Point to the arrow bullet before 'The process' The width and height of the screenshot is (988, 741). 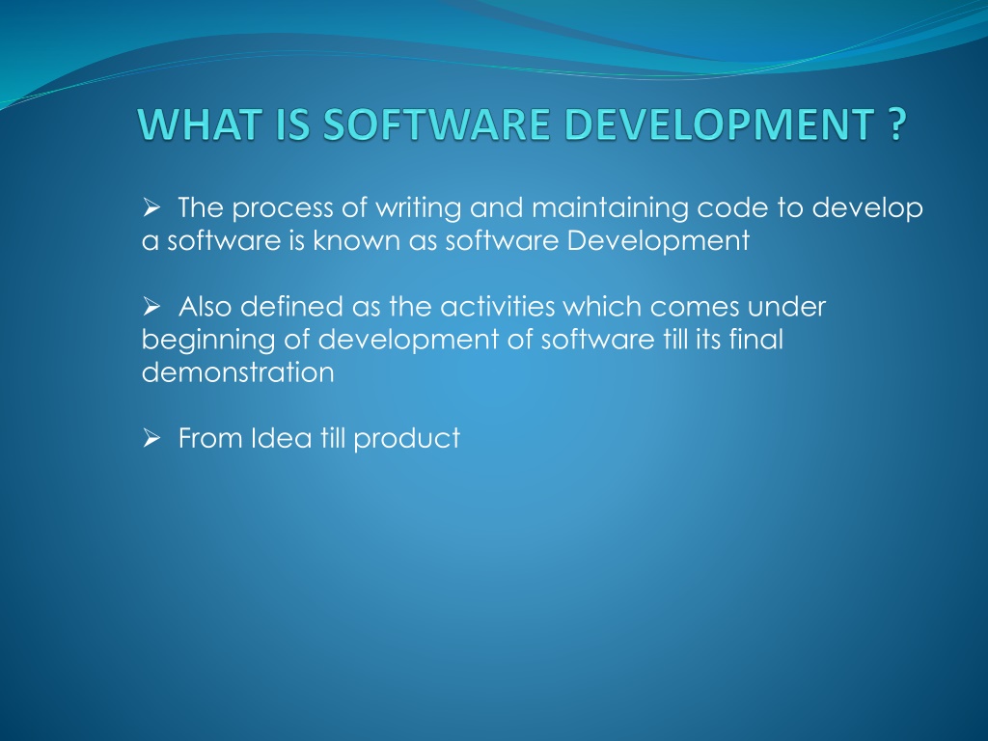(151, 207)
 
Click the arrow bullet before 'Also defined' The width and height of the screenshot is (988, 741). (151, 308)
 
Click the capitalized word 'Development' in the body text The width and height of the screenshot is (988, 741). (658, 241)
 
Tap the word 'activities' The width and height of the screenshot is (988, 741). (492, 307)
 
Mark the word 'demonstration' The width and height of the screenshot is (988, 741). (237, 373)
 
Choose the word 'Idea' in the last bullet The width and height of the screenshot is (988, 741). (276, 439)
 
